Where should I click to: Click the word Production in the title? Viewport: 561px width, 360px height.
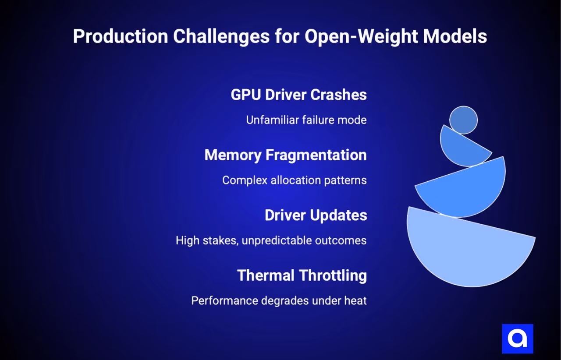tap(120, 36)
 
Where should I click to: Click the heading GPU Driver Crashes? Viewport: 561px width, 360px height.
tap(298, 95)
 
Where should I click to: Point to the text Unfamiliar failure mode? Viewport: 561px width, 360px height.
tap(306, 120)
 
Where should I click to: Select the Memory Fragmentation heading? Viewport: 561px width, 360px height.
tap(285, 155)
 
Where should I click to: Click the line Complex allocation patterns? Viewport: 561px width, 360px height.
tap(294, 180)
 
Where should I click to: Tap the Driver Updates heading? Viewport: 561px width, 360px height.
tap(316, 215)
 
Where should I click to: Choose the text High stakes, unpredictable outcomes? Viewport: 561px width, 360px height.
tap(271, 240)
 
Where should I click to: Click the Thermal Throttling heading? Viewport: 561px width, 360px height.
tap(302, 275)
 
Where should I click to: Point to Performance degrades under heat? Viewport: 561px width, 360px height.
tap(279, 301)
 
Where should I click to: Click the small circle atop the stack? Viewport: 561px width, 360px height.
tap(463, 120)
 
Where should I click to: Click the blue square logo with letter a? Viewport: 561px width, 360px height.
tap(517, 339)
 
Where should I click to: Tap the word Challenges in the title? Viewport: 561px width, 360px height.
tap(221, 36)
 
